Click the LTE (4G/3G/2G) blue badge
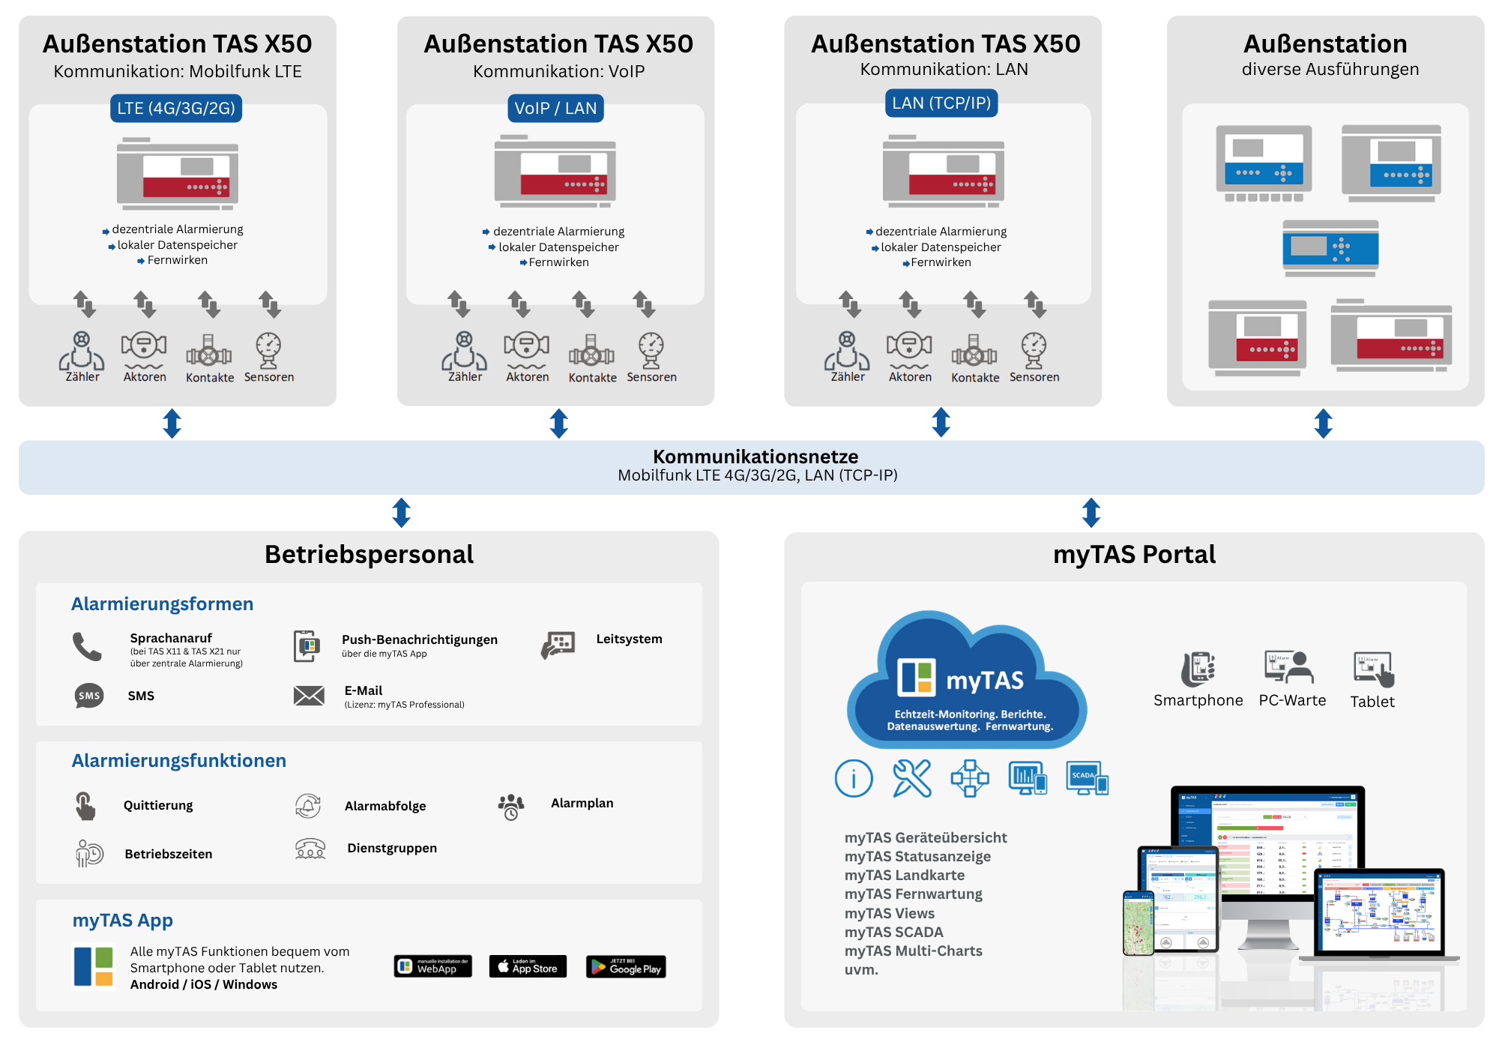pyautogui.click(x=176, y=108)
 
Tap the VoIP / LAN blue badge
pyautogui.click(x=555, y=108)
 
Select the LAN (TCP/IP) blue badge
pyautogui.click(x=941, y=103)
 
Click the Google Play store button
pyautogui.click(x=626, y=967)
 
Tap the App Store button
pyautogui.click(x=528, y=967)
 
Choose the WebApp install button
pyautogui.click(x=432, y=967)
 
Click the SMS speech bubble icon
pyautogui.click(x=89, y=696)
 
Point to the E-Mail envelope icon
pyautogui.click(x=309, y=696)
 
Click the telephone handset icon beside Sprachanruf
pyautogui.click(x=87, y=646)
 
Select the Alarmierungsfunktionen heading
pyautogui.click(x=178, y=760)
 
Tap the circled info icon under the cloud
pyautogui.click(x=854, y=778)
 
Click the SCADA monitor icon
pyautogui.click(x=1087, y=778)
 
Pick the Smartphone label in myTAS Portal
pyautogui.click(x=1198, y=700)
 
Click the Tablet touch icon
pyautogui.click(x=1373, y=669)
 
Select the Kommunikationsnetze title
pyautogui.click(x=755, y=457)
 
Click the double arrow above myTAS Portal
pyautogui.click(x=1091, y=513)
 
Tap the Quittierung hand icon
pyautogui.click(x=85, y=806)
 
